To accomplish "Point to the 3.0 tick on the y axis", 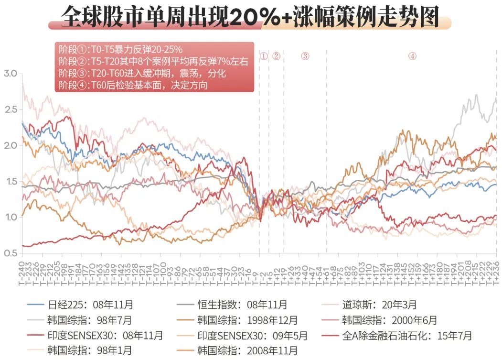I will pos(10,74).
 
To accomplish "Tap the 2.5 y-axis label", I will pos(10,109).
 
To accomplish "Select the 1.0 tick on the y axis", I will pos(10,217).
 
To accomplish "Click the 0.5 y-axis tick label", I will pos(10,253).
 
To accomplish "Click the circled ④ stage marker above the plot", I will pos(412,56).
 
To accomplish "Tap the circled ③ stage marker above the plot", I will pos(305,56).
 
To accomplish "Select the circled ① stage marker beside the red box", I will pos(264,56).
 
